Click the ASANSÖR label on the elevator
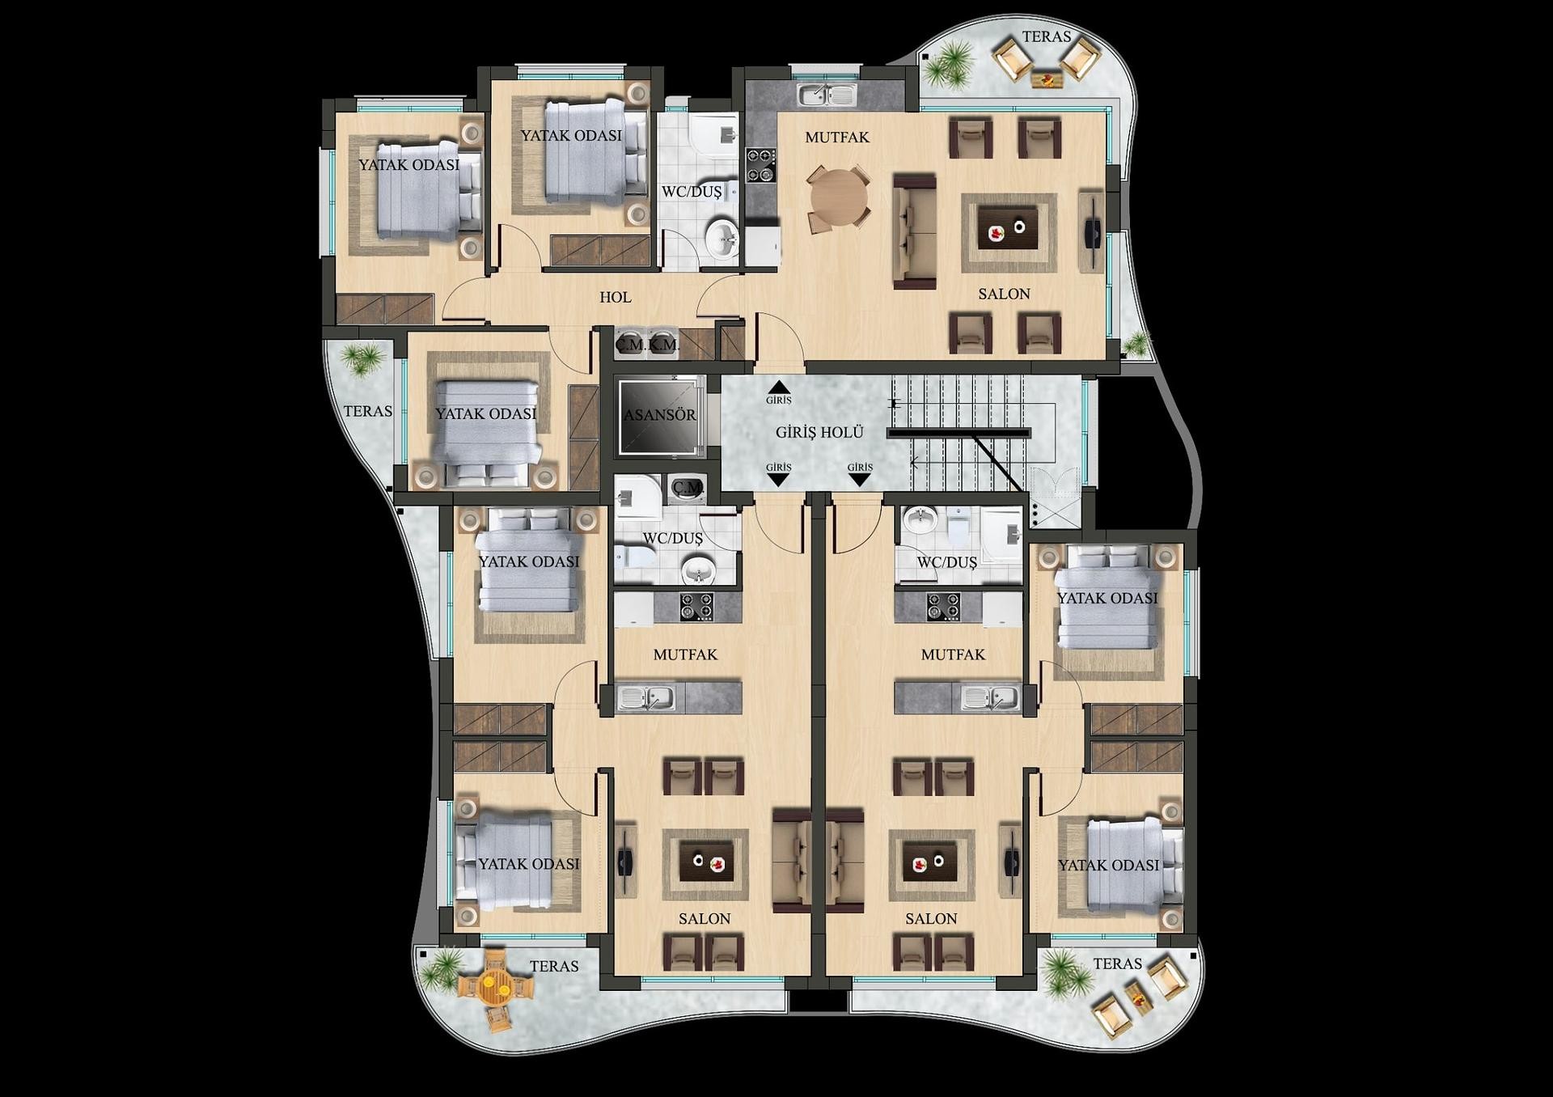[659, 415]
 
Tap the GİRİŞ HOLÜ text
[819, 432]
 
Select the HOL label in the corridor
[615, 297]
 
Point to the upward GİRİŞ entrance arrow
[779, 388]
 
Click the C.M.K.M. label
[647, 345]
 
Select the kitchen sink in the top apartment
[826, 95]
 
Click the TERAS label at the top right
[1046, 36]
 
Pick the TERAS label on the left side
[368, 411]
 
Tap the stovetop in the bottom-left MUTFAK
[696, 606]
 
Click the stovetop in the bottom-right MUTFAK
[942, 606]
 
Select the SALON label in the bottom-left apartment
[704, 918]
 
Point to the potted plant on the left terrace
[362, 357]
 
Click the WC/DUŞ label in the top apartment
[691, 192]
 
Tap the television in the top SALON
[1092, 231]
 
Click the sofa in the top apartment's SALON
[914, 232]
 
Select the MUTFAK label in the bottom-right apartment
[953, 654]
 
